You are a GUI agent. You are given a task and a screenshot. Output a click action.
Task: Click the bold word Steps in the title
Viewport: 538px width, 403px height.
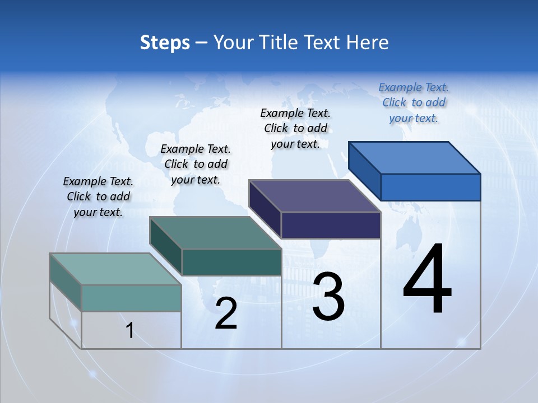[165, 43]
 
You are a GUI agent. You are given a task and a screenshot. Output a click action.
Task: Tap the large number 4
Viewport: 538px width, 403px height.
[427, 280]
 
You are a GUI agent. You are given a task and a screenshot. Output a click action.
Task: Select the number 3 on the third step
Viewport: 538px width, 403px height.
[328, 297]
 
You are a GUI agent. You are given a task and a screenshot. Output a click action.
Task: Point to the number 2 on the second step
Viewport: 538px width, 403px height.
[226, 313]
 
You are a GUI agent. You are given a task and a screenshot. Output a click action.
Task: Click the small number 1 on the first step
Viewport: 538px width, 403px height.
[130, 331]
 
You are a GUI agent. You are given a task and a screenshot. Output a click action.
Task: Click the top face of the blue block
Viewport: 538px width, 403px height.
[415, 157]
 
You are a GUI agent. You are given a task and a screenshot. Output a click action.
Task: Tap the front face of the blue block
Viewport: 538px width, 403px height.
[430, 187]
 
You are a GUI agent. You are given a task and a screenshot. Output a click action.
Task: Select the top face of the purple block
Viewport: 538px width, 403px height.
[315, 196]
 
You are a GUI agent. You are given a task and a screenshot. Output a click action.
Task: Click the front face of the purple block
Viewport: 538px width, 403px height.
[331, 225]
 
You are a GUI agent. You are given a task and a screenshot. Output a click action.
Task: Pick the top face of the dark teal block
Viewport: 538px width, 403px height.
[215, 233]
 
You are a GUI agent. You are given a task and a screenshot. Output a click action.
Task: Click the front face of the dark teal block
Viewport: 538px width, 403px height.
[231, 262]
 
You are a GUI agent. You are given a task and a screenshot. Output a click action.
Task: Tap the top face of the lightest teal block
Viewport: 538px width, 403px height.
[115, 269]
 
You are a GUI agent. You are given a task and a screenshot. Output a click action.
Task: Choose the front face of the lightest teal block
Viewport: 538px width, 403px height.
[131, 298]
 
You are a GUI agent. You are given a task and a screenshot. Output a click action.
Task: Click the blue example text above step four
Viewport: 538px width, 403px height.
[414, 102]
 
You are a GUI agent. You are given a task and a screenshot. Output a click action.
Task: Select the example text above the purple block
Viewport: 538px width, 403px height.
[295, 128]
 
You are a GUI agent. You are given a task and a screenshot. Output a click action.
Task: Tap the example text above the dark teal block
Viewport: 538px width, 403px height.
[196, 164]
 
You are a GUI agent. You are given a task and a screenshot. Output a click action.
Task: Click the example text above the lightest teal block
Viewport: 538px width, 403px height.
[98, 196]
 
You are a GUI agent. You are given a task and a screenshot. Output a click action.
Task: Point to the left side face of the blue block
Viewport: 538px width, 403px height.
[364, 171]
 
